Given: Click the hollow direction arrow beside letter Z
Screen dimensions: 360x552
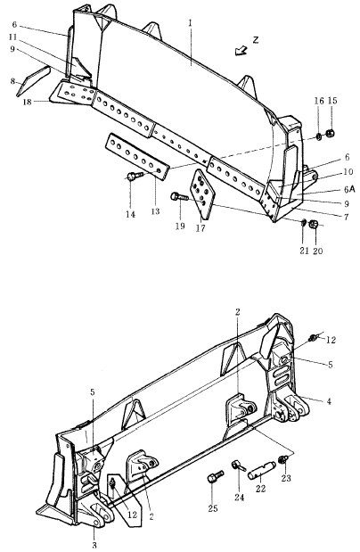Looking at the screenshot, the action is point(241,50).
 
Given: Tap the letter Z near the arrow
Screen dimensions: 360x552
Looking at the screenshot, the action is point(256,40).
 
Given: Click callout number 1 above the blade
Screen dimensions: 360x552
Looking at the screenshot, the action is point(191,23).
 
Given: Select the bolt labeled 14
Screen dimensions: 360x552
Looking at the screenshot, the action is point(135,176).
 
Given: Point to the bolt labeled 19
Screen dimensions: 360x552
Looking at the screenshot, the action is point(179,197).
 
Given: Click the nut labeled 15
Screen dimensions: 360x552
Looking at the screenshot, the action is point(330,134).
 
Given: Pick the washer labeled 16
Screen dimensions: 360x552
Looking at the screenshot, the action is point(318,136).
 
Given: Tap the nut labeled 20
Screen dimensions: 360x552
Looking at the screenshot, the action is point(314,224).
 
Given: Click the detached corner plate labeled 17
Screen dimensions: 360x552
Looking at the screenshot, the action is point(202,194).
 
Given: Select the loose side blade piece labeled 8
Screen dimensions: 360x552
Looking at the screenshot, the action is point(34,80).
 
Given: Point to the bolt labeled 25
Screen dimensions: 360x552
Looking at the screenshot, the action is point(215,476).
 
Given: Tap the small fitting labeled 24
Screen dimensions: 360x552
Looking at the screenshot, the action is point(237,466).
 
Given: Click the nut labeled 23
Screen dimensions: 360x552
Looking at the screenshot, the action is point(283,459).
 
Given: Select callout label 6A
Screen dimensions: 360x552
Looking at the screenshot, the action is point(349,189).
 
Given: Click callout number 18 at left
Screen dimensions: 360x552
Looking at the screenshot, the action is point(28,102).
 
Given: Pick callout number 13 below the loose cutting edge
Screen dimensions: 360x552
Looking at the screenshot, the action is point(155,211).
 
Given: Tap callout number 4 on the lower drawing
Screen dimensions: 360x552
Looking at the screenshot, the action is point(329,401).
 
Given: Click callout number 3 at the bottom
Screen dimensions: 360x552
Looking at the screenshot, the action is point(94,545).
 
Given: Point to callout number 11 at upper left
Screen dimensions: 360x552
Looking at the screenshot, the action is point(13,37).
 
